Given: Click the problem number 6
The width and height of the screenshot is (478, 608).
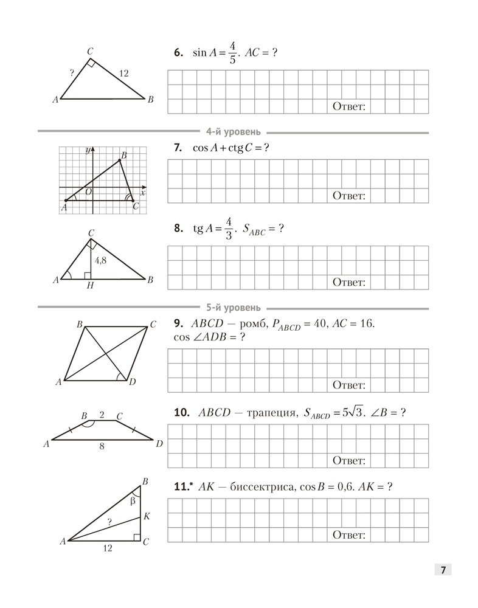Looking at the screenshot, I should click(178, 53).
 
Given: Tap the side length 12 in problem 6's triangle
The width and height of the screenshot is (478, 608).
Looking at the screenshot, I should click(123, 74).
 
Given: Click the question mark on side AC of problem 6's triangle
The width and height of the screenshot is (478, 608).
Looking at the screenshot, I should click(72, 73).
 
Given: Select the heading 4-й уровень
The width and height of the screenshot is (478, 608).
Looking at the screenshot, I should click(234, 131).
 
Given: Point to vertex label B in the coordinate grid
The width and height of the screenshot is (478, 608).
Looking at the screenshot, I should click(124, 156).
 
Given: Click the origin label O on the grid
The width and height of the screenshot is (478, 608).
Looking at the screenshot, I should click(89, 192).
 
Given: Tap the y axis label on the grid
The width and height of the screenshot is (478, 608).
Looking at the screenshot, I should click(88, 150).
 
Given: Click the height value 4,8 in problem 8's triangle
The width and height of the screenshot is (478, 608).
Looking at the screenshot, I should click(101, 260).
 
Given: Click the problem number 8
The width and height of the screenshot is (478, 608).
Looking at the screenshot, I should click(178, 229).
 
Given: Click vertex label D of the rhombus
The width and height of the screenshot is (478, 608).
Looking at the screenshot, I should click(131, 382).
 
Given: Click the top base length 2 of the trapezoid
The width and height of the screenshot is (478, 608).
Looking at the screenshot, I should click(102, 415).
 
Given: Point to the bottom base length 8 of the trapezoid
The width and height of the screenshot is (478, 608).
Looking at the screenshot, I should click(102, 446).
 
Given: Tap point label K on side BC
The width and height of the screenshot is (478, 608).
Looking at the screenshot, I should click(147, 516).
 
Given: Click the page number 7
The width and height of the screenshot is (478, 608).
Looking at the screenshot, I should click(443, 570).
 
